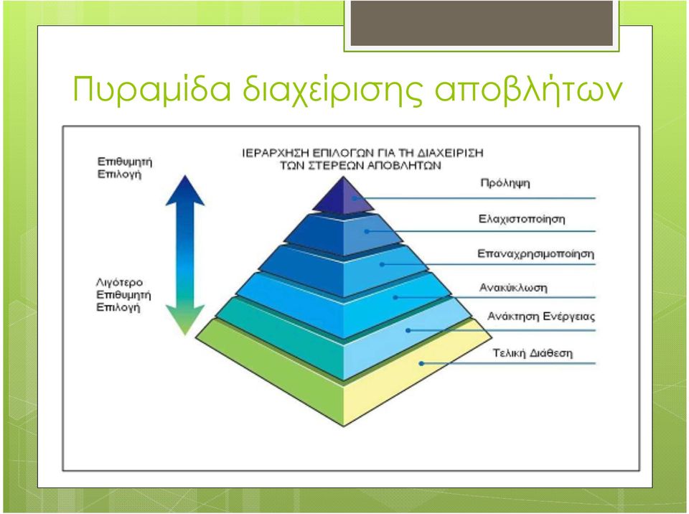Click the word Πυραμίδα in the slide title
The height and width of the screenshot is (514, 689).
tap(151, 90)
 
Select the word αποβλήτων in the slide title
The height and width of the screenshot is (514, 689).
tap(529, 89)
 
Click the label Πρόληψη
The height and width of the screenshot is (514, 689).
tap(505, 183)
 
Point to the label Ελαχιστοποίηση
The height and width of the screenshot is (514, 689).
tap(522, 218)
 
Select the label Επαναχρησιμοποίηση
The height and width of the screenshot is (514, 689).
tap(535, 253)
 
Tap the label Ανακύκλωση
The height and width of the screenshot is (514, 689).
tap(512, 288)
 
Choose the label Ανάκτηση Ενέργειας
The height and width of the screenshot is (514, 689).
tap(541, 317)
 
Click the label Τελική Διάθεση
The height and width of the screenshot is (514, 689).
tap(533, 352)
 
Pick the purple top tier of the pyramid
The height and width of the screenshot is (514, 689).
tap(343, 197)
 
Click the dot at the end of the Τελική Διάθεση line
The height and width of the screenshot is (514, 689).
tap(421, 364)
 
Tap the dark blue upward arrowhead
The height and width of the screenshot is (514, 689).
tap(185, 190)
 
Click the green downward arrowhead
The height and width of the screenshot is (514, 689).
tap(185, 319)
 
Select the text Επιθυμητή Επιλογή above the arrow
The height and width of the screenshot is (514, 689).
tap(124, 168)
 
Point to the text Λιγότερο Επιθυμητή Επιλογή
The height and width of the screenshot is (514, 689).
tap(123, 294)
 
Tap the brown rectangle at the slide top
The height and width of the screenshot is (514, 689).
tap(482, 23)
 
